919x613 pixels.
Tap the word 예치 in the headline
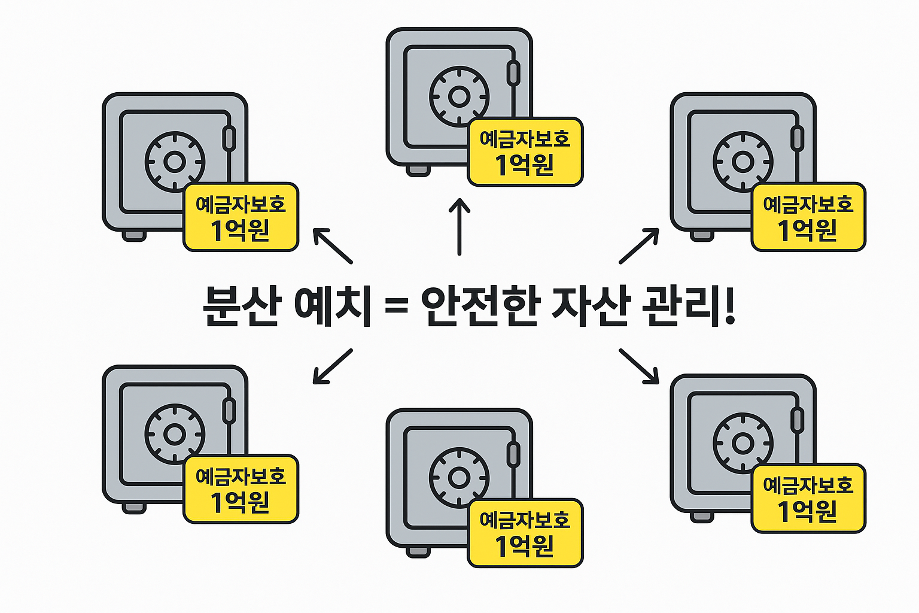pyautogui.click(x=333, y=306)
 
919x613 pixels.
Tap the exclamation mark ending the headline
pyautogui.click(x=729, y=306)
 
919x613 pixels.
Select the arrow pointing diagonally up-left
pyautogui.click(x=333, y=245)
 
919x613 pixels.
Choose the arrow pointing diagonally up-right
pyautogui.click(x=639, y=245)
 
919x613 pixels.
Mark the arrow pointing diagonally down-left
pyautogui.click(x=333, y=366)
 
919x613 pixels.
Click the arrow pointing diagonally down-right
pyautogui.click(x=639, y=366)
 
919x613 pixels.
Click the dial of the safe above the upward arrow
pyautogui.click(x=459, y=96)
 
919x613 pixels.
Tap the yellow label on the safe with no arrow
pyautogui.click(x=525, y=533)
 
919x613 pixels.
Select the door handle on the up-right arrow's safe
pyautogui.click(x=798, y=138)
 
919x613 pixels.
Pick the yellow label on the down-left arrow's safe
pyautogui.click(x=241, y=489)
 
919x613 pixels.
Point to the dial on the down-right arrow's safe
pyautogui.click(x=743, y=444)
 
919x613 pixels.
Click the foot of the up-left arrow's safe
pyautogui.click(x=133, y=235)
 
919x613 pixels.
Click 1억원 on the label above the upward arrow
pyautogui.click(x=525, y=165)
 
